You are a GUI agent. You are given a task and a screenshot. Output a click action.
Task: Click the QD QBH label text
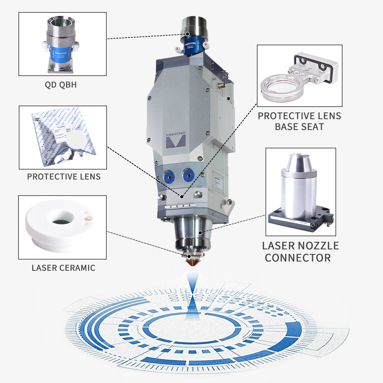point(61,85)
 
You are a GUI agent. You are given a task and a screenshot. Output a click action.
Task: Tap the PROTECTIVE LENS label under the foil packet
point(64,176)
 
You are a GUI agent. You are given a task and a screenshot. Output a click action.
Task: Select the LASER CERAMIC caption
point(63,267)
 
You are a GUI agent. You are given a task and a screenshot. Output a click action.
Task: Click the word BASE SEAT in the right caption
point(299,127)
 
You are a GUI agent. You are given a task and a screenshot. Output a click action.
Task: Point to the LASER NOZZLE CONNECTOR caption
point(300,252)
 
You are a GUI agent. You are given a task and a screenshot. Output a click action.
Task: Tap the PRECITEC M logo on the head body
point(176,140)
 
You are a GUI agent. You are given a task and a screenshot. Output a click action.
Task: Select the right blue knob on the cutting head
point(188,174)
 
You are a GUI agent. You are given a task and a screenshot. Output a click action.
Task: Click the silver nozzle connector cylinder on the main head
point(193,230)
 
